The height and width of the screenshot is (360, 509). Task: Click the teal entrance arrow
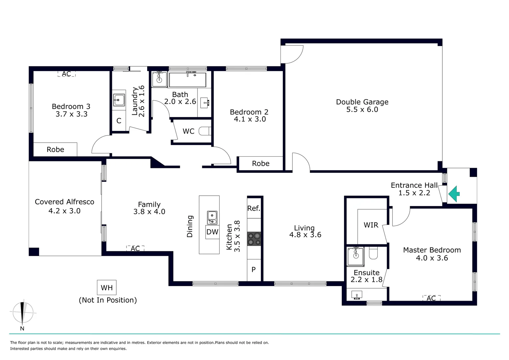[x=454, y=194]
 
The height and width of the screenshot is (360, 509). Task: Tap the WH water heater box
[x=107, y=288]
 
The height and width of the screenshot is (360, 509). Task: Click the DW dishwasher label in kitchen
[x=212, y=232]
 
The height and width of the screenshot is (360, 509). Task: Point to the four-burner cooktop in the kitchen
[x=254, y=239]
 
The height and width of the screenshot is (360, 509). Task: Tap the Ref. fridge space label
[x=254, y=208]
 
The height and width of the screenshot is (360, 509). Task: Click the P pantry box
[x=254, y=270]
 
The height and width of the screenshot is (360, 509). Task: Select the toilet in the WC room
[x=205, y=131]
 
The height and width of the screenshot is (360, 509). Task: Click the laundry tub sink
[x=119, y=99]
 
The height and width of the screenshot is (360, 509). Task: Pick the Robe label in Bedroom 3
[x=55, y=150]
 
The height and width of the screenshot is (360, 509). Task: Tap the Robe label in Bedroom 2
[x=260, y=164]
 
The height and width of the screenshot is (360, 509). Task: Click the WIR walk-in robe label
[x=371, y=225]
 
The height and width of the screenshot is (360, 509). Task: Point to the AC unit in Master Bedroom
[x=431, y=298]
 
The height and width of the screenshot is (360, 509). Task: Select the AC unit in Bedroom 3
[x=66, y=74]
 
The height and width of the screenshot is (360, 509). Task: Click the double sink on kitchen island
[x=212, y=218]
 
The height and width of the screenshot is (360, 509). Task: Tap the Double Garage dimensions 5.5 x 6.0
[x=362, y=110]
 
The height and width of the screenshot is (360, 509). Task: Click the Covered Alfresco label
[x=65, y=202]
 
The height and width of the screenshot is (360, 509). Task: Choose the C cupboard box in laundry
[x=119, y=121]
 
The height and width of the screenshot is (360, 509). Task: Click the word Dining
[x=190, y=226]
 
